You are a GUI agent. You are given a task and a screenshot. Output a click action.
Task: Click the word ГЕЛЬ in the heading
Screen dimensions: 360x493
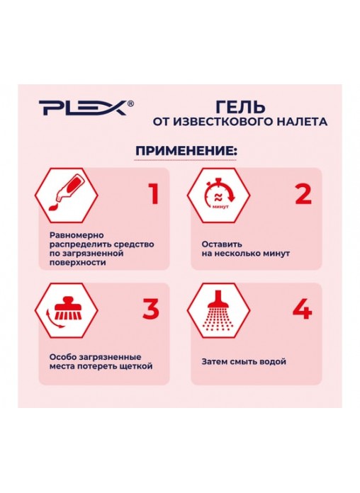coord(241,107)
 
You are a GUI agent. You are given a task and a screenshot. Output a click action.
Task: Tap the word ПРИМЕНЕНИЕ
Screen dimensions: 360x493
coord(184,151)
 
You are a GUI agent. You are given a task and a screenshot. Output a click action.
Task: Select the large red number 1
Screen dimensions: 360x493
coord(154,193)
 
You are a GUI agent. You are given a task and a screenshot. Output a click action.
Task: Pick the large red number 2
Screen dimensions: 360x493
coord(304,194)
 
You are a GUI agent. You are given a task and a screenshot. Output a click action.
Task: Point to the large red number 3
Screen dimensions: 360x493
coord(151,308)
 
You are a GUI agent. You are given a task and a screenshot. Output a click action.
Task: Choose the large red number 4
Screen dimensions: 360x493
coord(303,308)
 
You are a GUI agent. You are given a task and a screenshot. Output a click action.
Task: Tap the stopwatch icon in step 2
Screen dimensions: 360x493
coord(220,194)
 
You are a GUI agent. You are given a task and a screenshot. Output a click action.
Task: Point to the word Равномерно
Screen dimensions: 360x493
coord(77,235)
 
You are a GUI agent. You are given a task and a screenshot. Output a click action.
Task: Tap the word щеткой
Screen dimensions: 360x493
coord(137,366)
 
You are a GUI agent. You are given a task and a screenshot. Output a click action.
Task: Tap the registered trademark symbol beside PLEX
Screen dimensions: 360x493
coord(130,103)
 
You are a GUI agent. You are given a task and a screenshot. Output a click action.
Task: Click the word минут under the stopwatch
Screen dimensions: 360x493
coord(220,208)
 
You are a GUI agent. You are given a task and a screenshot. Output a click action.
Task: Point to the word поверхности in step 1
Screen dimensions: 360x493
coord(78,263)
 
